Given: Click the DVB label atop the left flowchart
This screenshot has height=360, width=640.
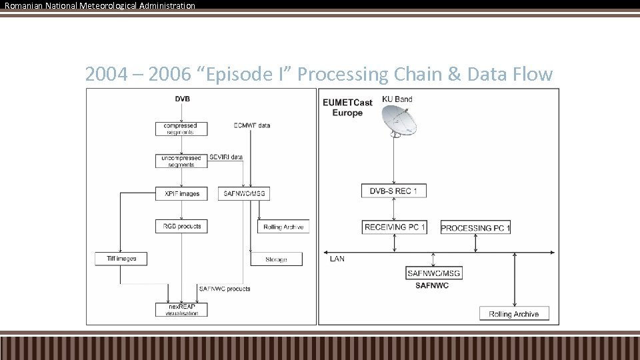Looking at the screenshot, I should click(181, 99).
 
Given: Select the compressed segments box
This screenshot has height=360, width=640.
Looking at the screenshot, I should click(180, 129).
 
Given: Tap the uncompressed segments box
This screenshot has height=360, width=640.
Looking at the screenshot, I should click(181, 161).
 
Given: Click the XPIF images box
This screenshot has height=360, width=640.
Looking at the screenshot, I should click(181, 194).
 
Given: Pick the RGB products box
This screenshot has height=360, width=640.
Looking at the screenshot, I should click(180, 226).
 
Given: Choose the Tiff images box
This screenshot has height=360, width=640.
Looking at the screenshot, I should click(121, 259).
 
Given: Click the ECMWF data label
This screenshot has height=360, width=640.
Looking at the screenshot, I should click(252, 125).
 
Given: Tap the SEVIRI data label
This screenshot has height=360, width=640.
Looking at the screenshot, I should click(226, 157).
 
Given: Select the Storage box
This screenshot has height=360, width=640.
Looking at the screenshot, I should click(276, 259).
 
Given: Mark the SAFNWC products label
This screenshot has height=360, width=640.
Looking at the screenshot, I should click(225, 289).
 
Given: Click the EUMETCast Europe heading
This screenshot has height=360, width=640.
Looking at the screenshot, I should click(347, 107).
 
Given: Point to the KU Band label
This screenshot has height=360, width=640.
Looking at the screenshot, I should click(397, 99).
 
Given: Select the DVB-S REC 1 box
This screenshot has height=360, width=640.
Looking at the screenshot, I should click(393, 191).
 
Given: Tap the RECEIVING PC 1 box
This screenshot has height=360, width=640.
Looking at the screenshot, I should click(395, 227).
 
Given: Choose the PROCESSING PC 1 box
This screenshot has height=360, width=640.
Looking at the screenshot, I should click(475, 228).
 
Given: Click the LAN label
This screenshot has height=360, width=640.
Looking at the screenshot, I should click(337, 258).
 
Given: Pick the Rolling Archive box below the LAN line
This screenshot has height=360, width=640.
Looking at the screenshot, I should click(513, 314).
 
